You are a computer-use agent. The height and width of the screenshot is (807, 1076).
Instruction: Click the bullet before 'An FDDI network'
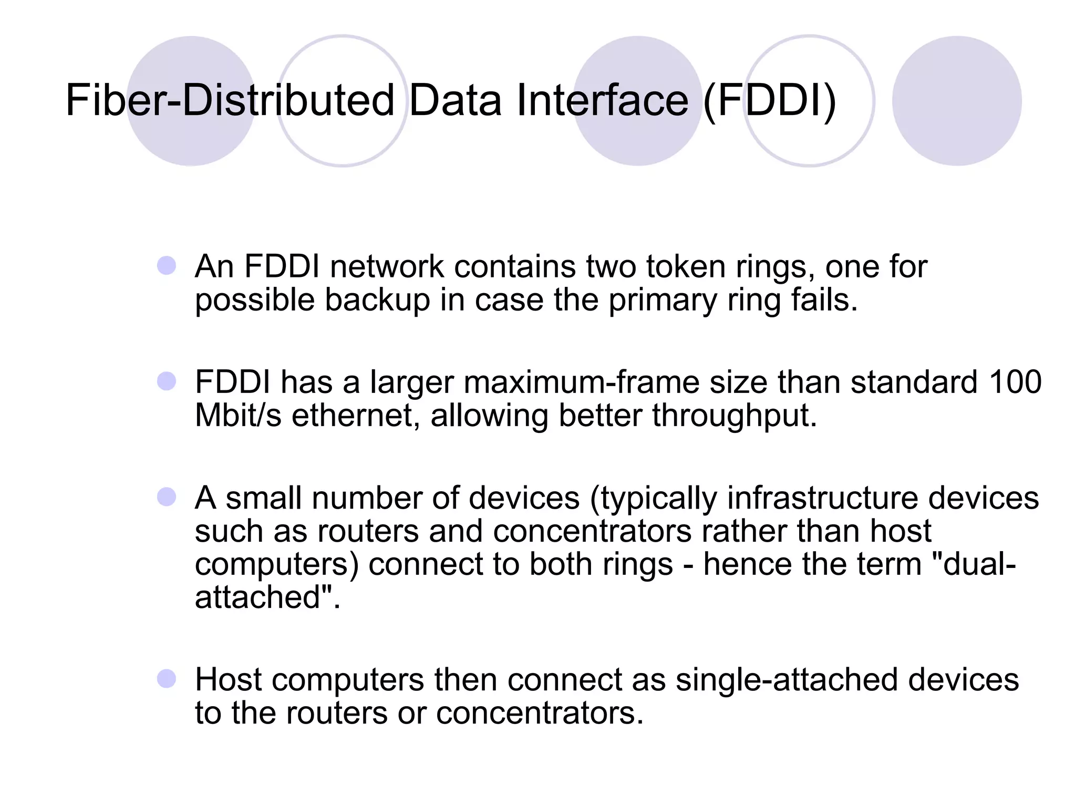(167, 265)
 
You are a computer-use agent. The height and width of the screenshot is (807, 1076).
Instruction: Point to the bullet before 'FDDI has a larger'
(167, 381)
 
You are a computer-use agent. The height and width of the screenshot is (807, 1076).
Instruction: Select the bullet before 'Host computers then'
(167, 678)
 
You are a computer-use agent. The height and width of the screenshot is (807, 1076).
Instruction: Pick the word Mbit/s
(238, 415)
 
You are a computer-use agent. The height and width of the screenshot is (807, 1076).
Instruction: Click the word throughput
(734, 416)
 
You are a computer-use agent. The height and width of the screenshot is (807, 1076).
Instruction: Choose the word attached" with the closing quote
(267, 597)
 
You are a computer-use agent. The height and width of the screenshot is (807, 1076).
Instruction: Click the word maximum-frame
(582, 382)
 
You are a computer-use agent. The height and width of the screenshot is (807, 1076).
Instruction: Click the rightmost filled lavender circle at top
(956, 101)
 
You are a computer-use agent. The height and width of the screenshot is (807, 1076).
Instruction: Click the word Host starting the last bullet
(229, 679)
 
